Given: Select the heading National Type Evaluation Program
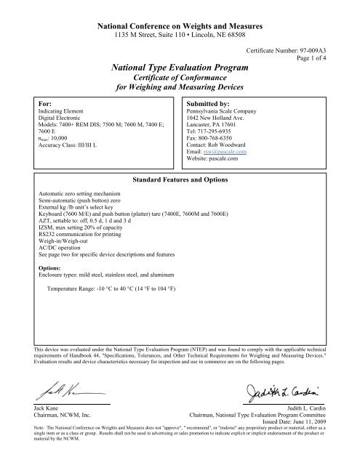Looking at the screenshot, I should [x=180, y=69].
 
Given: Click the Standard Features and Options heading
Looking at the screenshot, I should [x=180, y=177].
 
